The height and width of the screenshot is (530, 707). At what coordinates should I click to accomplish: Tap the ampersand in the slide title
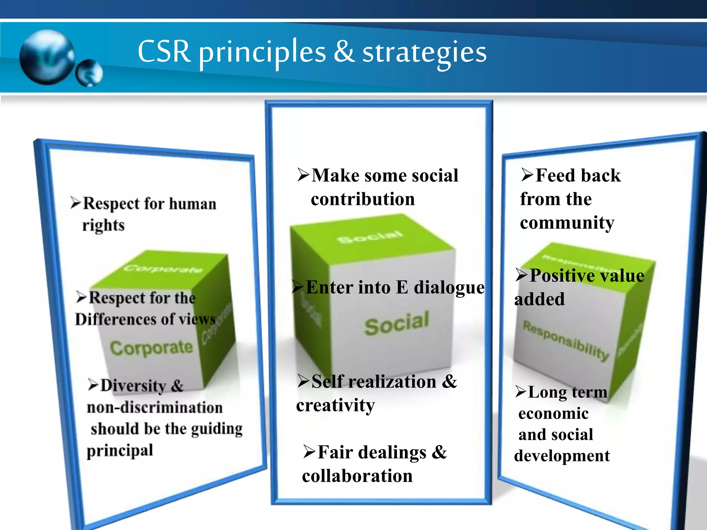coord(344,52)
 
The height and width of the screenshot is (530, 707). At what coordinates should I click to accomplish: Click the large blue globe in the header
coord(47,57)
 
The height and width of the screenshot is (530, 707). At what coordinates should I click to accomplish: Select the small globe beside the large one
coord(89,73)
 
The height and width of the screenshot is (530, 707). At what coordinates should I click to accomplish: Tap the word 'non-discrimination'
coord(154,408)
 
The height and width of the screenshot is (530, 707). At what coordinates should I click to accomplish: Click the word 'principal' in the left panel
coord(120,451)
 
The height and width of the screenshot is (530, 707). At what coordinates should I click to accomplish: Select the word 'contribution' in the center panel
coord(362,199)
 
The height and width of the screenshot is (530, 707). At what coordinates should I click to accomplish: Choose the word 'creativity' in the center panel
coord(335,405)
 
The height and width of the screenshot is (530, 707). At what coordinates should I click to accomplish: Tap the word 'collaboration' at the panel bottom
coord(357,476)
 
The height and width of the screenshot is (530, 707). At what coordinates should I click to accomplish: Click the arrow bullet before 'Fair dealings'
coord(309,452)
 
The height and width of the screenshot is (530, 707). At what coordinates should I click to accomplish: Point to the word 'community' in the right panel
coord(567,223)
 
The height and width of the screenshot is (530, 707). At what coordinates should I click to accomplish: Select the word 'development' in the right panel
coord(562,456)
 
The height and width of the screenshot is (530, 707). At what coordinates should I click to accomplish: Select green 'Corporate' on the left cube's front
coord(151,348)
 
